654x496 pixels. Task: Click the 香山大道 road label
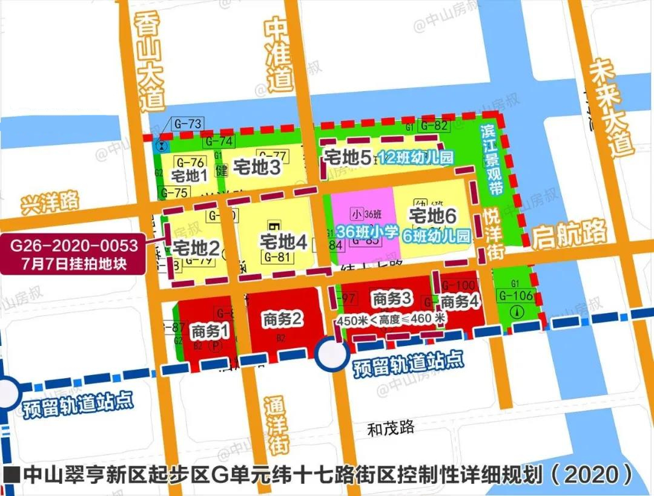pyautogui.click(x=148, y=64)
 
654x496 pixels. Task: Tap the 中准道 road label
pyautogui.click(x=279, y=54)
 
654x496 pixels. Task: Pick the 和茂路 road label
pyautogui.click(x=391, y=429)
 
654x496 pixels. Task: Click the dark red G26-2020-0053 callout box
pyautogui.click(x=73, y=254)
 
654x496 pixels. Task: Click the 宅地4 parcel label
pyautogui.click(x=283, y=243)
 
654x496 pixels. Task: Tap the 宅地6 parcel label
pyautogui.click(x=432, y=216)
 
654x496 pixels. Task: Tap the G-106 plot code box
pyautogui.click(x=517, y=296)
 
